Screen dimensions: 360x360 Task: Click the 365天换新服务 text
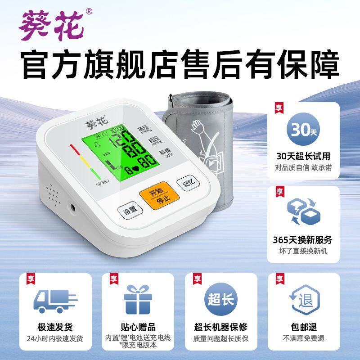point(304,240)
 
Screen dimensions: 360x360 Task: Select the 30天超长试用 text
point(304,156)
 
